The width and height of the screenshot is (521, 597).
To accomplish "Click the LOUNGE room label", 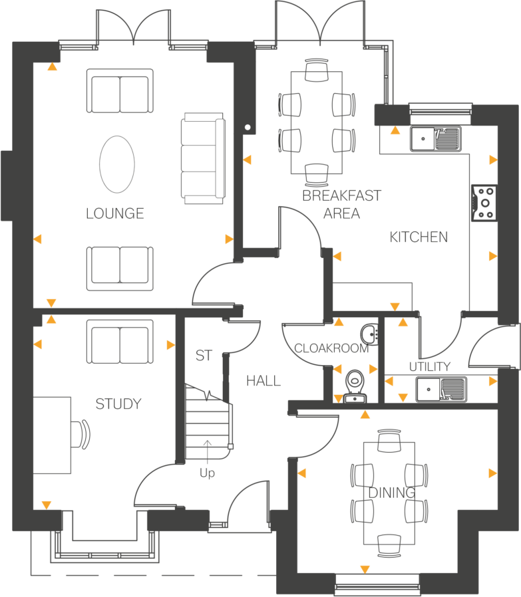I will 115,213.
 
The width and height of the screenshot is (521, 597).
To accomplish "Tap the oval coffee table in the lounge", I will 117,164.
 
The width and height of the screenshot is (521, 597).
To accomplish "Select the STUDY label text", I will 118,404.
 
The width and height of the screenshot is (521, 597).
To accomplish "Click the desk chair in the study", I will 83,435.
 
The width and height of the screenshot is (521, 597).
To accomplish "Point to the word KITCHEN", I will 419,237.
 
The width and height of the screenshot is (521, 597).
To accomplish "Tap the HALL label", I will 263,382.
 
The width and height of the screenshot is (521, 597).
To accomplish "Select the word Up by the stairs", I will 208,474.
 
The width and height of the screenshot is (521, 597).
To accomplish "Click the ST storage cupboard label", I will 204,356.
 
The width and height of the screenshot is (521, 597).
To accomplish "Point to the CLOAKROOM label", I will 331,349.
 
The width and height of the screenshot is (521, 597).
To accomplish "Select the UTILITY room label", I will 429,367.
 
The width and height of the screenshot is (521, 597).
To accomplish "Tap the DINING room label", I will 392,493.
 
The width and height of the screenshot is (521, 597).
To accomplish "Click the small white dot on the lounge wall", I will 248,126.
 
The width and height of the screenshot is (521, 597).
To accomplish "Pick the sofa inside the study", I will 120,341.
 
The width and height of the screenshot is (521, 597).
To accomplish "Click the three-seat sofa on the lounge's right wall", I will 202,158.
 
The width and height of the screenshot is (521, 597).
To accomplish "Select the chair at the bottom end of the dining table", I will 389,544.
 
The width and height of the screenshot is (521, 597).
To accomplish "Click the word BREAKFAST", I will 342,195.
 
